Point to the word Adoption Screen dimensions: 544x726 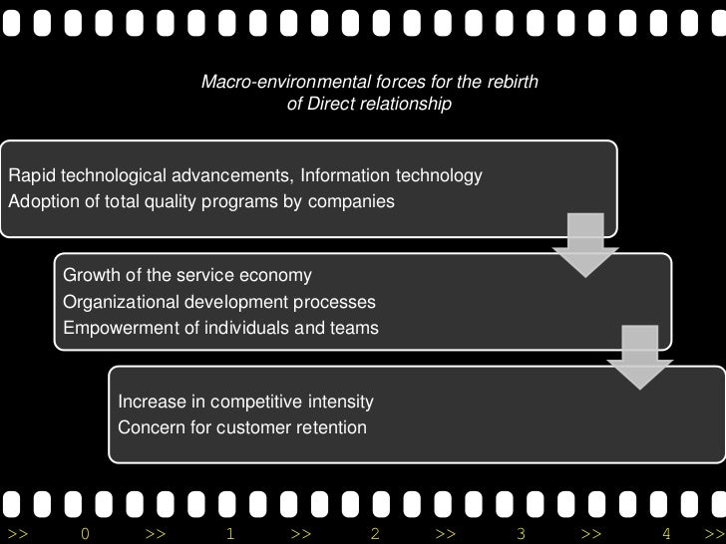[x=40, y=201]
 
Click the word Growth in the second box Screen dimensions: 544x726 [x=91, y=275]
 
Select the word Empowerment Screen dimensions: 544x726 [x=118, y=327]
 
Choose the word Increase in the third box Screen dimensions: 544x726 [x=150, y=403]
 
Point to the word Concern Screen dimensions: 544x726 [x=150, y=427]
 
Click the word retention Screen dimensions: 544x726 [x=332, y=427]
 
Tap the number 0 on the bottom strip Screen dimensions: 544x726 [x=85, y=534]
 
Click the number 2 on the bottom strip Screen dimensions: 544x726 [x=375, y=534]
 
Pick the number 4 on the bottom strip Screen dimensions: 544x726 [x=666, y=534]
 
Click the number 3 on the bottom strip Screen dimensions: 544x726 [x=521, y=534]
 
